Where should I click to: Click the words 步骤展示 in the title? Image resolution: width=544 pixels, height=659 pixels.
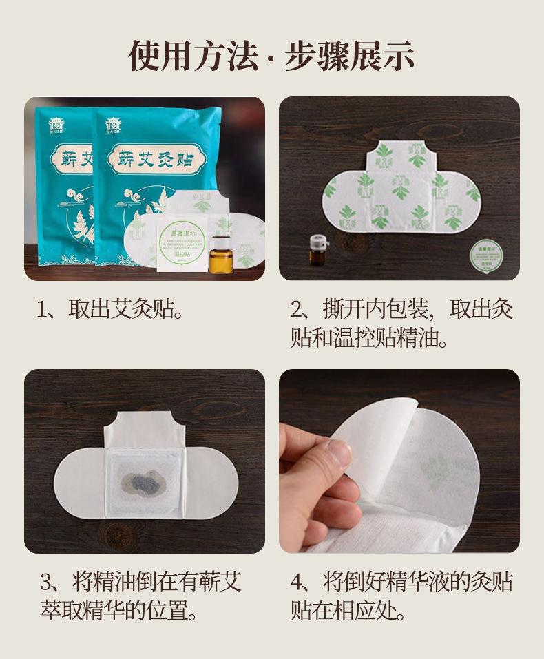tap(349, 56)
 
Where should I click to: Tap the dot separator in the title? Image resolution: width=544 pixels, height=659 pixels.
tap(271, 57)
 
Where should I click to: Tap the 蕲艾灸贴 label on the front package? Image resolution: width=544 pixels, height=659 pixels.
tap(151, 160)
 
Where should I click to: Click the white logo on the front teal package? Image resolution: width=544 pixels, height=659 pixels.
tap(113, 125)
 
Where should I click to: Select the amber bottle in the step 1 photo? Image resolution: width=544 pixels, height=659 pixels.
tap(220, 254)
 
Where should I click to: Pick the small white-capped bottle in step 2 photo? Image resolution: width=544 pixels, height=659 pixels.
tap(317, 249)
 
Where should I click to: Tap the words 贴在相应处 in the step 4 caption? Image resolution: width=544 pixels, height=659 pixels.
tap(347, 610)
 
